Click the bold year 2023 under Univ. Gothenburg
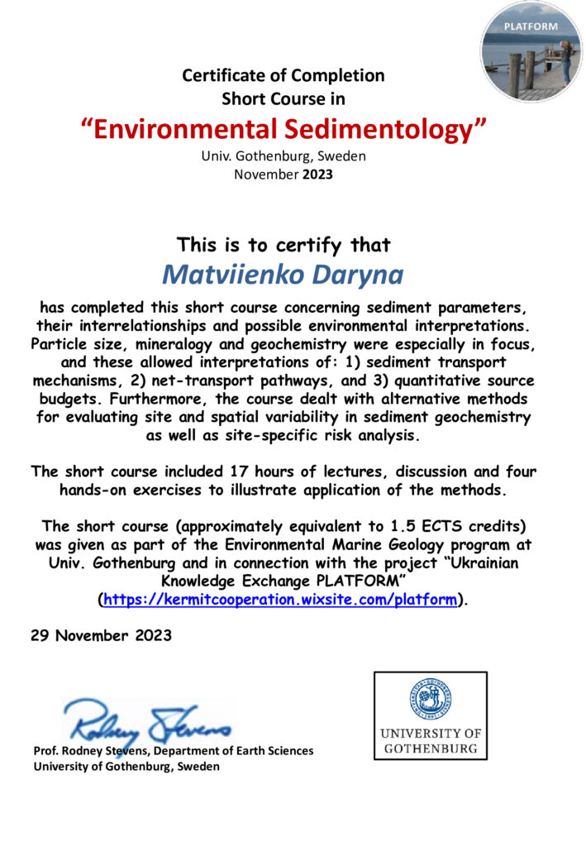coord(317,174)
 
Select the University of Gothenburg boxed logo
coord(430,715)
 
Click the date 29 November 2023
coord(102,635)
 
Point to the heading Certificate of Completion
coord(283,75)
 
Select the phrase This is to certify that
coord(283,245)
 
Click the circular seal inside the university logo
coord(430,701)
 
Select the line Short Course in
coord(283,99)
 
